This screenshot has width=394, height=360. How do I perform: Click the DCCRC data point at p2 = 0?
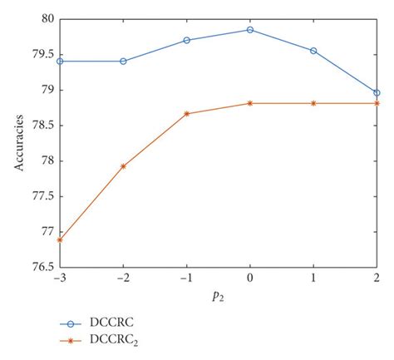[x=249, y=30]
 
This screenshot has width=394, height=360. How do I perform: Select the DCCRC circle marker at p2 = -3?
[x=60, y=61]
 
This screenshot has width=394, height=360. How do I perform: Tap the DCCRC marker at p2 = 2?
[x=377, y=93]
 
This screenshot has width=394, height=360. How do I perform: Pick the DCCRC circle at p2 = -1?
[x=186, y=40]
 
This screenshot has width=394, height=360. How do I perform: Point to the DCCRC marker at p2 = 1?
[x=313, y=51]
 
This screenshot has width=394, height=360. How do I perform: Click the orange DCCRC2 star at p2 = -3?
[x=60, y=239]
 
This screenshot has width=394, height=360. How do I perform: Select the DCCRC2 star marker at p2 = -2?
[x=123, y=166]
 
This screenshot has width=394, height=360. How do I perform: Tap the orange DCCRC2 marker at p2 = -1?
[x=186, y=113]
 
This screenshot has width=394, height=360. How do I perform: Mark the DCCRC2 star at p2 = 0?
[x=249, y=103]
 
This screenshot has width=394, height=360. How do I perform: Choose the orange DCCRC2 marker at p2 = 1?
[x=313, y=103]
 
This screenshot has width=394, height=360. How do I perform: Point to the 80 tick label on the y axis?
[x=44, y=18]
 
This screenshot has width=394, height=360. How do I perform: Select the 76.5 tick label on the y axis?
[x=40, y=268]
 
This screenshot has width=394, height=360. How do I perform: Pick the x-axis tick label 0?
[x=249, y=277]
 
